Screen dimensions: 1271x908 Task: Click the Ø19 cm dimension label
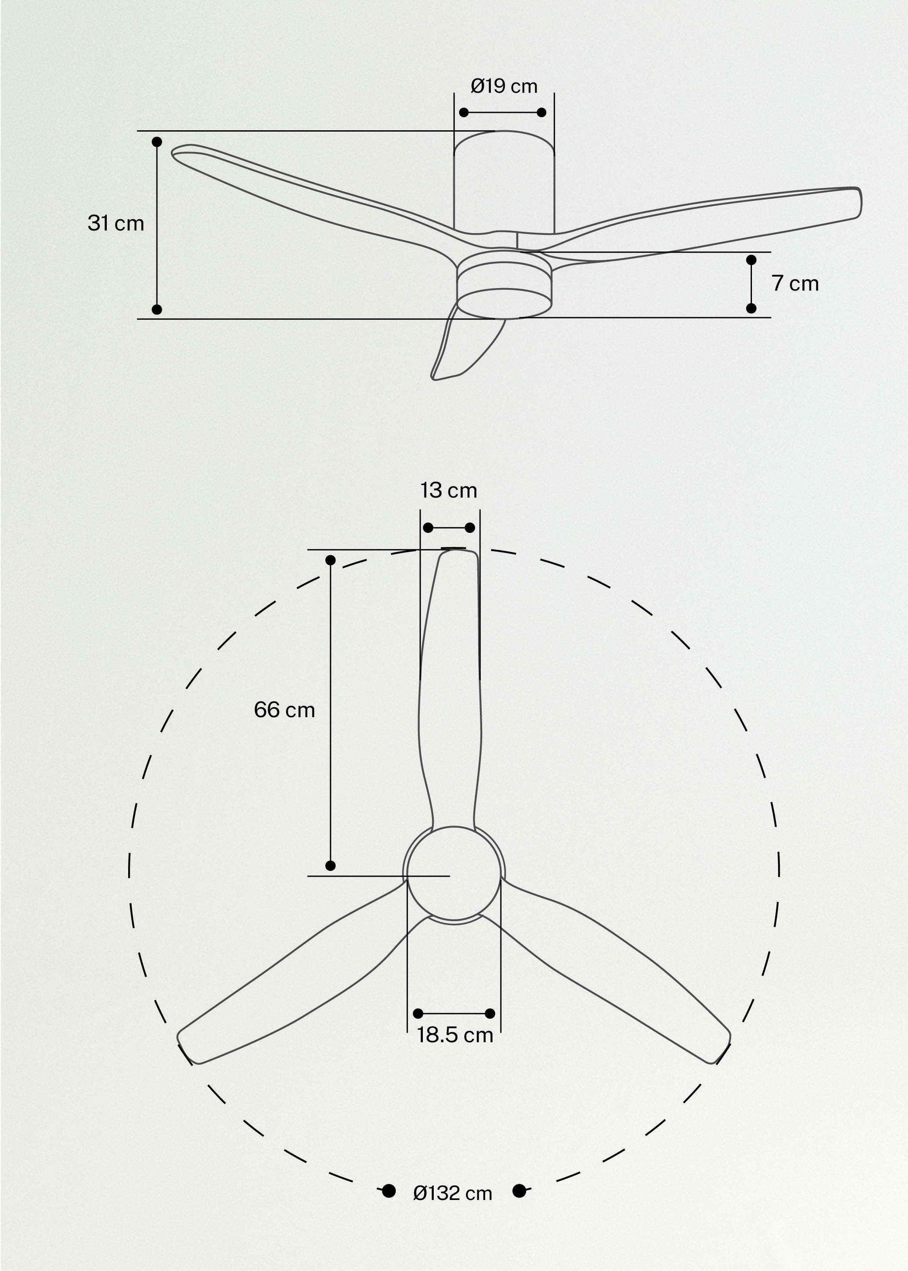tap(504, 86)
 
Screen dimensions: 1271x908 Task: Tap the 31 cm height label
tap(116, 223)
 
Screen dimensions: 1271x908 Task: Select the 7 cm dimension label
tap(795, 283)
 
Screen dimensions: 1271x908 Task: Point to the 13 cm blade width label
tap(449, 490)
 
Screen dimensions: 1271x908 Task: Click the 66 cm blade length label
tap(284, 710)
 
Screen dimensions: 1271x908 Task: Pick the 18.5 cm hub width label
tap(455, 1035)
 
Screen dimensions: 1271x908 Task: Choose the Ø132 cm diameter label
tap(452, 1193)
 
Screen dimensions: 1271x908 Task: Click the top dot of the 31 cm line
tap(157, 142)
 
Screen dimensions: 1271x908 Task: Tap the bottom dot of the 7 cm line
tap(752, 308)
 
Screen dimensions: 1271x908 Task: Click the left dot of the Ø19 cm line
tap(463, 112)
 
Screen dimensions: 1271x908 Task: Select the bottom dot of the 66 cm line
tap(330, 866)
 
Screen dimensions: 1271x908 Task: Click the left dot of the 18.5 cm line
tap(418, 1013)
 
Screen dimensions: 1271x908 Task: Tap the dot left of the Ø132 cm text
tap(388, 1191)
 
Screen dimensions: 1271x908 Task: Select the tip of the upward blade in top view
tap(457, 556)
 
